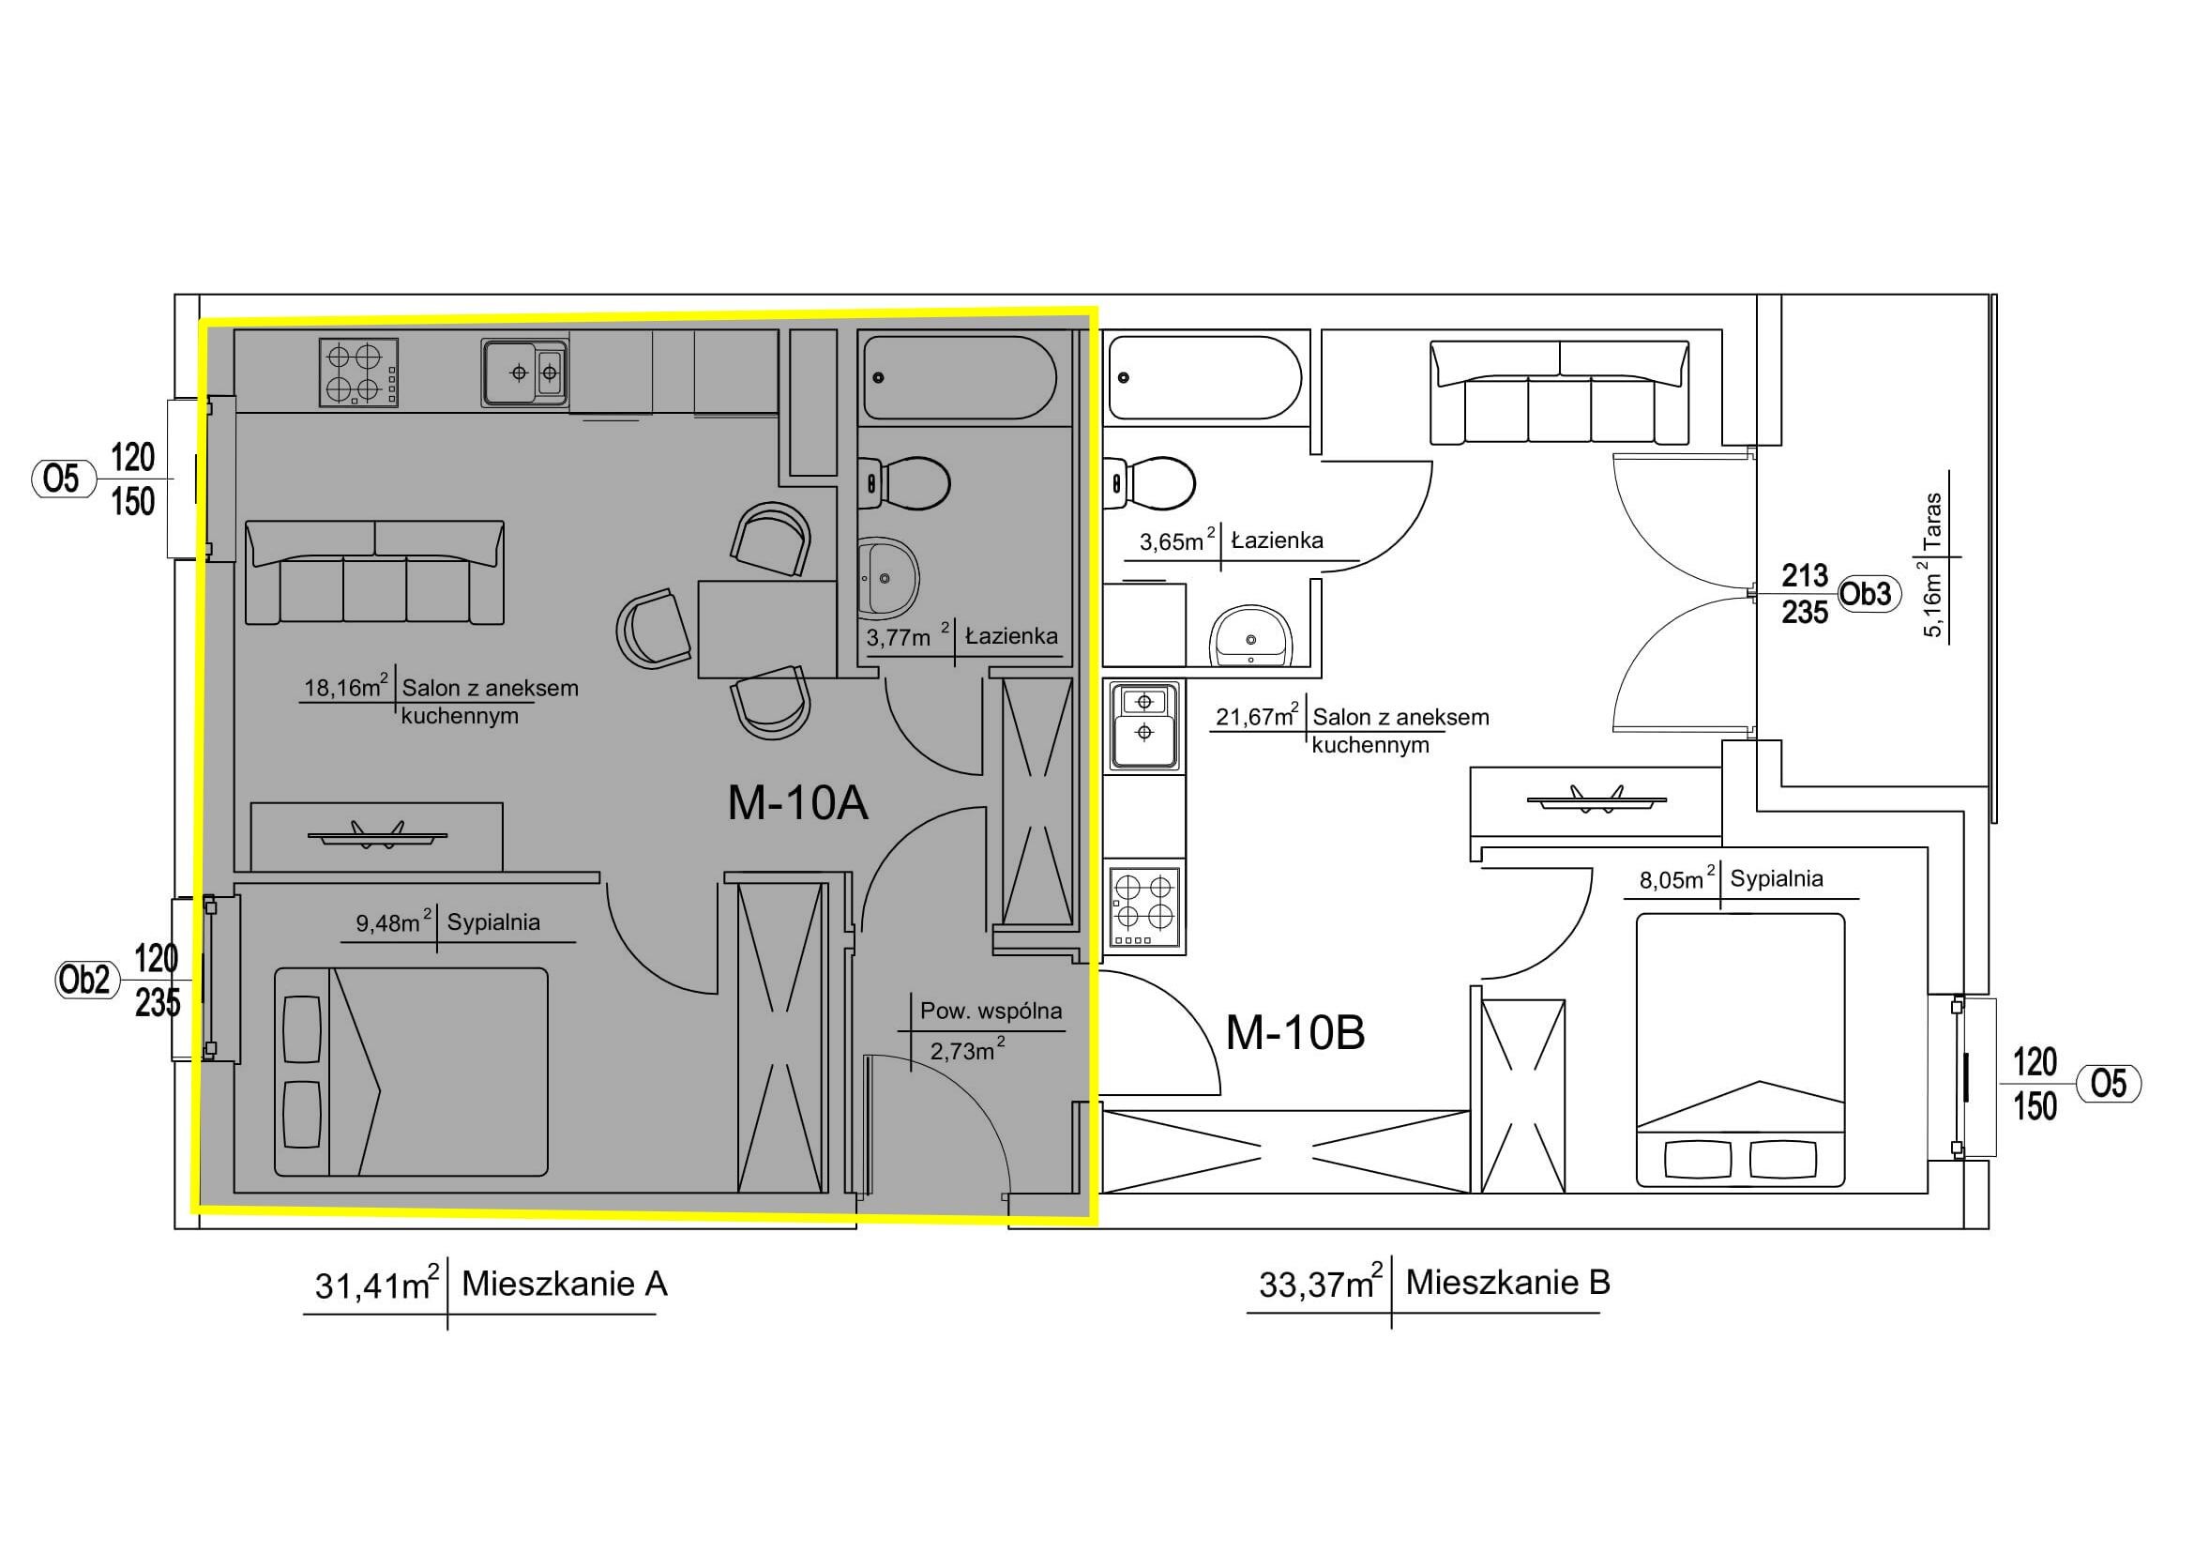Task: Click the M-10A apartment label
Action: tap(798, 803)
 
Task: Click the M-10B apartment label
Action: tap(1294, 1032)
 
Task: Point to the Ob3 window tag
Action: tap(1866, 593)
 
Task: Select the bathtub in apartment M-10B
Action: tap(1204, 376)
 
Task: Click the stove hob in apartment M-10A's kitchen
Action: tap(358, 373)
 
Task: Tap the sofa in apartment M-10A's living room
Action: tap(375, 571)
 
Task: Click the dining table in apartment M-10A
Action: tap(767, 629)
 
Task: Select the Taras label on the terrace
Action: tap(1934, 520)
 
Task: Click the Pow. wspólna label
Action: tap(991, 1011)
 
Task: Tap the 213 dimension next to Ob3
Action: tap(1805, 575)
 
